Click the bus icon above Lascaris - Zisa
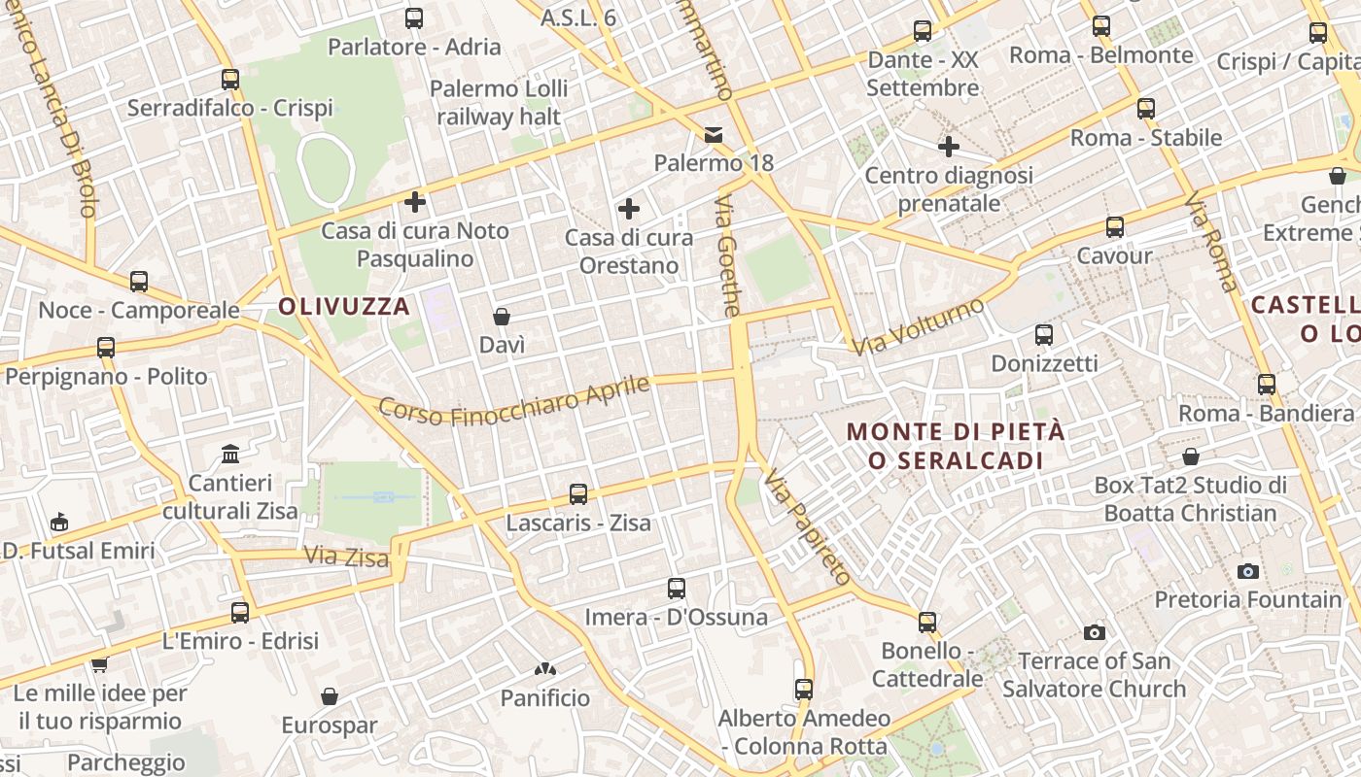click(578, 494)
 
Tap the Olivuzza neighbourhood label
click(344, 307)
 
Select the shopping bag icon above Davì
click(502, 317)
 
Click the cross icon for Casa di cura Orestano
click(629, 209)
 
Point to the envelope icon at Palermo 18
click(714, 134)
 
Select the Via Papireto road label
click(807, 527)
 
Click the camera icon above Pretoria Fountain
click(1248, 571)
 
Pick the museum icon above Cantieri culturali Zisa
click(230, 455)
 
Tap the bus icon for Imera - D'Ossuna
click(677, 589)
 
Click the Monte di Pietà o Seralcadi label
click(956, 446)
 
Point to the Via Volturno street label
click(917, 327)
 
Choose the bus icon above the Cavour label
click(1114, 227)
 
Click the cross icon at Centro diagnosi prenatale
click(949, 147)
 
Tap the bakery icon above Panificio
click(544, 669)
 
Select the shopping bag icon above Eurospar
click(329, 696)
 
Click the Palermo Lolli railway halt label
click(499, 103)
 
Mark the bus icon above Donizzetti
click(1044, 335)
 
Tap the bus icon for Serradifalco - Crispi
click(229, 80)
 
